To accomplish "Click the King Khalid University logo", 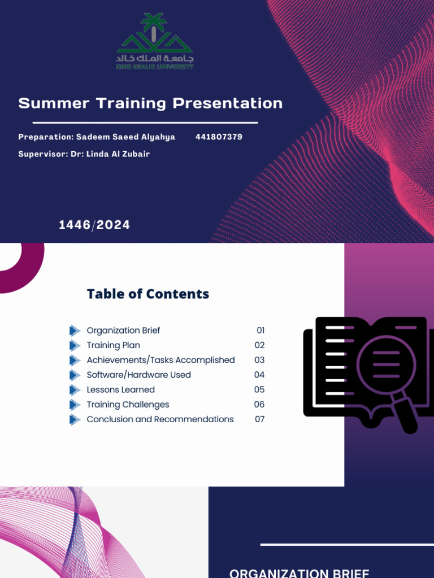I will (x=154, y=42).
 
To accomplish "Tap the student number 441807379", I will (x=219, y=137).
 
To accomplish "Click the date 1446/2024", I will (x=94, y=225).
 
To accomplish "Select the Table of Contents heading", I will (x=148, y=294).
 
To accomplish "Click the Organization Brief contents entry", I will (x=123, y=330).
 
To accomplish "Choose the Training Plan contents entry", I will (x=113, y=345).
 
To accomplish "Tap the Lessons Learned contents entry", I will (x=120, y=389).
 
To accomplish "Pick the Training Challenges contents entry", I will (x=128, y=404).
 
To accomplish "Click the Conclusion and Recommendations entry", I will (x=160, y=419).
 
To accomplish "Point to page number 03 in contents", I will (x=259, y=360).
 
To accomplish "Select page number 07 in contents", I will (x=259, y=419).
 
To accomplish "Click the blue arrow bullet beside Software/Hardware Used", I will (x=75, y=375).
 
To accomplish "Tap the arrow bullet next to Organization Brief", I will (x=75, y=330).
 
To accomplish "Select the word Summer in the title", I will (x=54, y=103).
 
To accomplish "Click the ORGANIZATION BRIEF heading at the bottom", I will (x=300, y=573).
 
